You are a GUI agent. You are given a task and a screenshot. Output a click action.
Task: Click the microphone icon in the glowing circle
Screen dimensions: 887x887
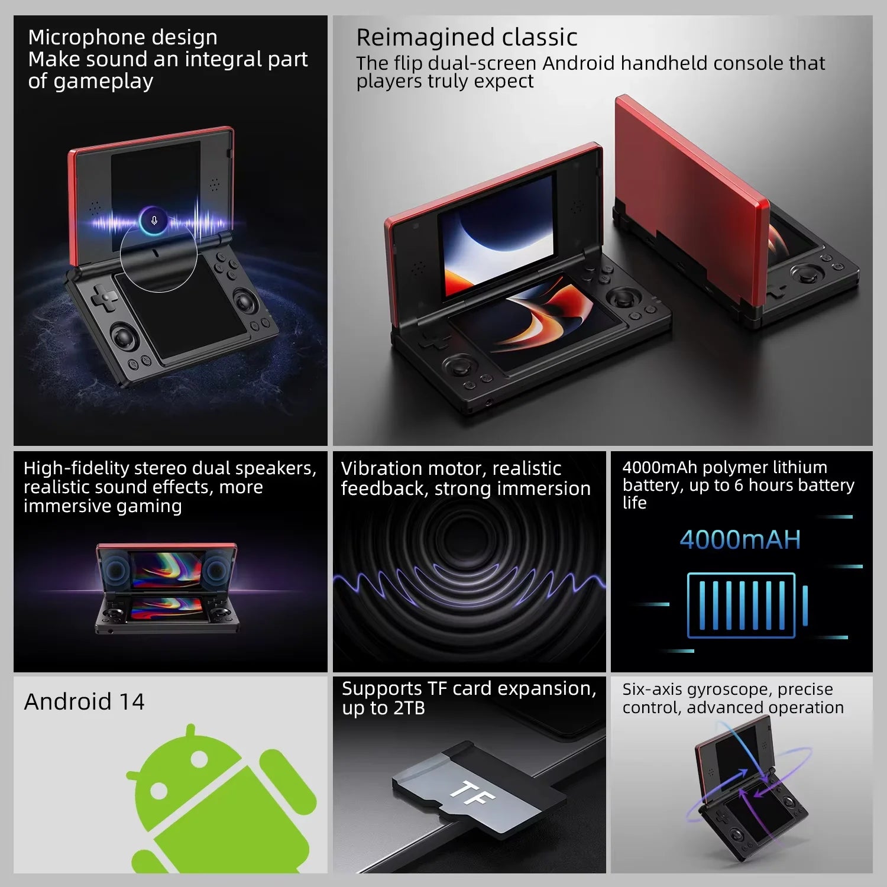pyautogui.click(x=154, y=221)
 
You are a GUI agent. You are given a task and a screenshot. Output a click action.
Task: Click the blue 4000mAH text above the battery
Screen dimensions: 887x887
pyautogui.click(x=740, y=539)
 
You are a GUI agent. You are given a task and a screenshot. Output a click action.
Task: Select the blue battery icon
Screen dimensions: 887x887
pyautogui.click(x=746, y=605)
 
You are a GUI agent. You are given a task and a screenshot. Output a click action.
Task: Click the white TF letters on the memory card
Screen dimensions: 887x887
pyautogui.click(x=472, y=793)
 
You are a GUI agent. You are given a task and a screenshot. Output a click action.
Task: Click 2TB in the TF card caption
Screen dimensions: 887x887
pyautogui.click(x=409, y=708)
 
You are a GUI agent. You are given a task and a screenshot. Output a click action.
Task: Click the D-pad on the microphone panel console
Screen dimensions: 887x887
pyautogui.click(x=103, y=297)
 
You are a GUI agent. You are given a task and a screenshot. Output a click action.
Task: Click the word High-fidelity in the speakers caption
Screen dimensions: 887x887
pyautogui.click(x=76, y=468)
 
